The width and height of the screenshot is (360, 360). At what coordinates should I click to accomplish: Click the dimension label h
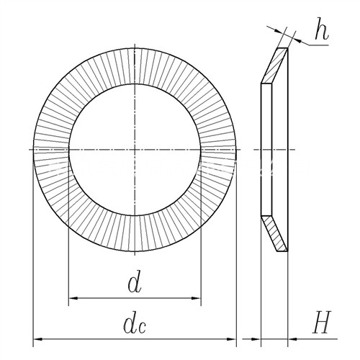click(x=321, y=29)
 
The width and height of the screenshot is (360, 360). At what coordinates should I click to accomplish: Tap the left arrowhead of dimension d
click(x=73, y=298)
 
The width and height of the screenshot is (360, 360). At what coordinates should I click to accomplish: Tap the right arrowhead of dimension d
click(x=196, y=298)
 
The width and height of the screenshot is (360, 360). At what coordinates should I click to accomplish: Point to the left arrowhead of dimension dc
click(x=37, y=339)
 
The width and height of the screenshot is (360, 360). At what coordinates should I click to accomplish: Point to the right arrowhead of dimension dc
click(x=231, y=339)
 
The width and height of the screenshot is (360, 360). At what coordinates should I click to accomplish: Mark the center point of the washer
click(x=135, y=150)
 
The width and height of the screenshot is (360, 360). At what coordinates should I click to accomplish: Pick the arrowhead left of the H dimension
click(x=256, y=339)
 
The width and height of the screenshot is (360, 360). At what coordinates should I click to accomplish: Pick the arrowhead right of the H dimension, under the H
click(x=292, y=339)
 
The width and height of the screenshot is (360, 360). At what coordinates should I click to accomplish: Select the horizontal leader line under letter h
click(x=318, y=45)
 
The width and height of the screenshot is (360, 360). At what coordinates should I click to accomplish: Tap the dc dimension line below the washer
click(x=135, y=339)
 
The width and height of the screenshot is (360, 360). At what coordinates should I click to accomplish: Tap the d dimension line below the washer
click(x=135, y=298)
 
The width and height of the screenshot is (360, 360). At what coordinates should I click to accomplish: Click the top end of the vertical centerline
click(x=135, y=45)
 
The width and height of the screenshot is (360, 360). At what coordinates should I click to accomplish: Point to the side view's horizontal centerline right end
click(x=294, y=150)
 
